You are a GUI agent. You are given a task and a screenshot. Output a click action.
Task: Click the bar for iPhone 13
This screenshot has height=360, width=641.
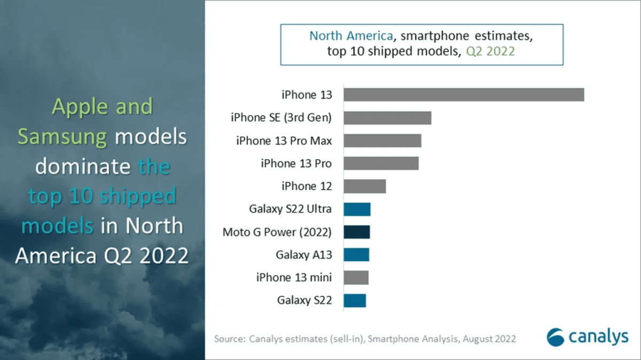463,95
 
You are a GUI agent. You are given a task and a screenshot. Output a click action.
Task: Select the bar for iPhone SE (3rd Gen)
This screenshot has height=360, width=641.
387,118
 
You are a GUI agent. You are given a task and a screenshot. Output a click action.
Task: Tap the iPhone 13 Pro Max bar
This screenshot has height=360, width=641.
382,140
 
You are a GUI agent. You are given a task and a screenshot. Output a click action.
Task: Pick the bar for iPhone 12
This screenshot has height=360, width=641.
364,186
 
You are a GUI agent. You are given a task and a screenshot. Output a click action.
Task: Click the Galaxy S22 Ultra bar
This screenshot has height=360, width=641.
357,209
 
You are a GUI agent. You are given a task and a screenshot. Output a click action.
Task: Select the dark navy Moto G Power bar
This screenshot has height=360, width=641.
357,232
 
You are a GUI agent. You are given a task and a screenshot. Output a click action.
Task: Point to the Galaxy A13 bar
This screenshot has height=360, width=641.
356,255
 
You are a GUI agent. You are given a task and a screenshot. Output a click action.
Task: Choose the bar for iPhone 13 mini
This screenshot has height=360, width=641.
356,278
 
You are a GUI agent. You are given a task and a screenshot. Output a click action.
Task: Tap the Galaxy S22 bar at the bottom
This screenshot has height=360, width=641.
355,301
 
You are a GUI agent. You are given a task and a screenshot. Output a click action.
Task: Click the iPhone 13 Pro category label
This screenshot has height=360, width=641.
296,163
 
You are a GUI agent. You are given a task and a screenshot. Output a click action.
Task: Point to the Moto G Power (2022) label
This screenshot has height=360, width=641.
277,232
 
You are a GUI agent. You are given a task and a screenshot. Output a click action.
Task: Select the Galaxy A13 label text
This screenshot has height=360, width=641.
303,255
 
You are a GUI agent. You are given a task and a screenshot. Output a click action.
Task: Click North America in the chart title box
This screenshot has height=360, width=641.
351,36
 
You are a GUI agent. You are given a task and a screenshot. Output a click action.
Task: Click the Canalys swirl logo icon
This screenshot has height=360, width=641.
555,337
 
